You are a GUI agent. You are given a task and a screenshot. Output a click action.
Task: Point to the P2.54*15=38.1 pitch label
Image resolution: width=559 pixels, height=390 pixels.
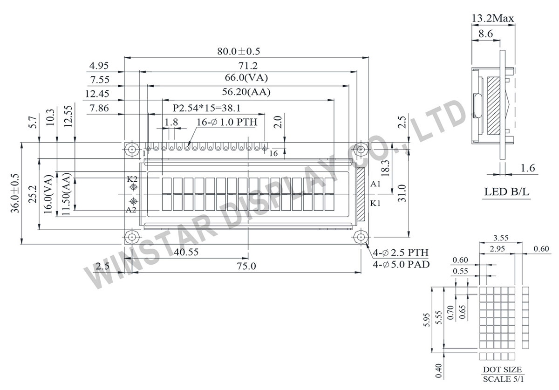(206, 108)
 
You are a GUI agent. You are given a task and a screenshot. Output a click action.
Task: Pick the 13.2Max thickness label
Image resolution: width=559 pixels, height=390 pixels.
(493, 19)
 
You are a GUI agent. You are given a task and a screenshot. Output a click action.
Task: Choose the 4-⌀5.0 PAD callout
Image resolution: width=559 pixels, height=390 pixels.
(401, 264)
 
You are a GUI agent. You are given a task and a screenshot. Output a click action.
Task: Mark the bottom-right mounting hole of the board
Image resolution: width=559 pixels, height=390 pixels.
(361, 237)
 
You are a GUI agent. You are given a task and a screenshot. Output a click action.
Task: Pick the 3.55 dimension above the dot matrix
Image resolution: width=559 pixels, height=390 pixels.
(500, 237)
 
